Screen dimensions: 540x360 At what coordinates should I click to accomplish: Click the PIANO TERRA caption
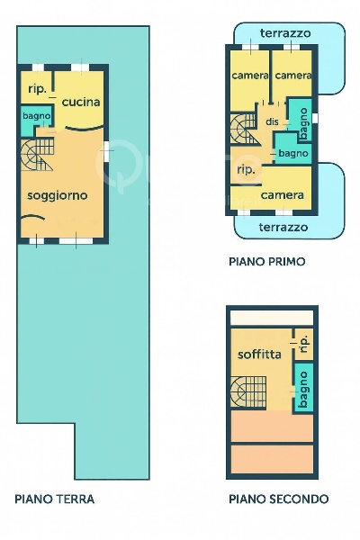(55, 499)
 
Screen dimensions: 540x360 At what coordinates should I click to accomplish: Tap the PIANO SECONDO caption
(278, 499)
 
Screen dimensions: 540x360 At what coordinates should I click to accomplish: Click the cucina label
(81, 102)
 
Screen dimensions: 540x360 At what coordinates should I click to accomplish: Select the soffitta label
(260, 354)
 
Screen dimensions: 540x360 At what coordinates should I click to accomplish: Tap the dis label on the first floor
(272, 121)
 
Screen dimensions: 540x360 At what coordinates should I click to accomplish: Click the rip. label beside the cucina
(37, 88)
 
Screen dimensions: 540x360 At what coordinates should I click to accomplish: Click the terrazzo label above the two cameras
(285, 33)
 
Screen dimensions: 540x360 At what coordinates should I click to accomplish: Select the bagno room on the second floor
(304, 387)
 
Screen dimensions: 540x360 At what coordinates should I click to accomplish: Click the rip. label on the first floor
(245, 169)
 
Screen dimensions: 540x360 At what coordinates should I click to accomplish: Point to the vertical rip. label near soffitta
(303, 342)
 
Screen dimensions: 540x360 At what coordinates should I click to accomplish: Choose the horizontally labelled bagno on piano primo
(293, 154)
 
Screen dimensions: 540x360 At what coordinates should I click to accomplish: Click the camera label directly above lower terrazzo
(281, 194)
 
